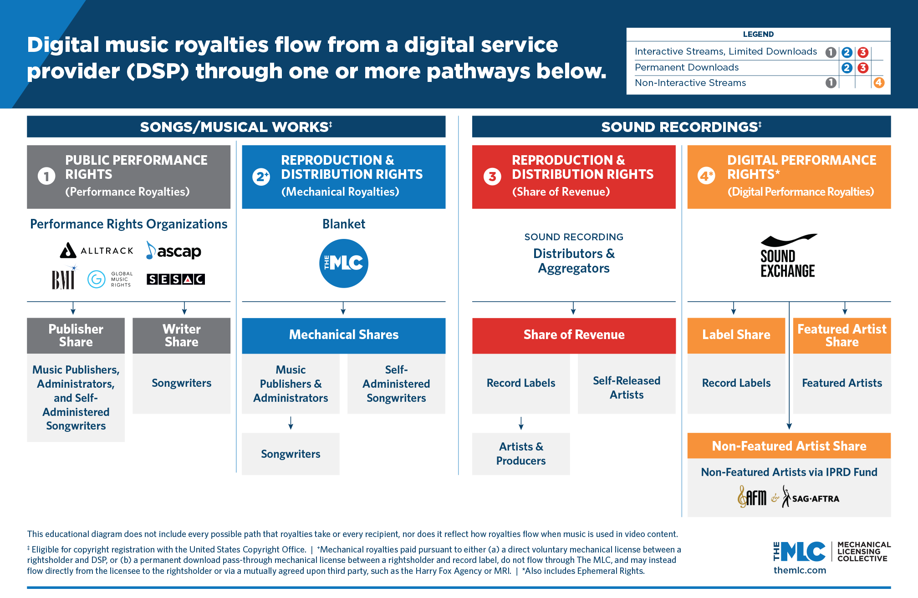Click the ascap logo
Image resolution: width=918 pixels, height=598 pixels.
pyautogui.click(x=174, y=251)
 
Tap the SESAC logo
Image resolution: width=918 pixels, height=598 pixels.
pyautogui.click(x=176, y=279)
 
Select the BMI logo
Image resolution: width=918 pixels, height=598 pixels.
pyautogui.click(x=63, y=279)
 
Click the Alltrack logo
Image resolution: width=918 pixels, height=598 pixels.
pyautogui.click(x=97, y=250)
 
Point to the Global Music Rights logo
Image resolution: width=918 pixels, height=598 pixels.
pyautogui.click(x=110, y=279)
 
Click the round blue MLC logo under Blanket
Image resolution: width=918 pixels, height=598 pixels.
pyautogui.click(x=344, y=263)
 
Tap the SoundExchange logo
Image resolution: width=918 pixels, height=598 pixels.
pyautogui.click(x=788, y=256)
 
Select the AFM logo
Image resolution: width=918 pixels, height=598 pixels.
pyautogui.click(x=752, y=497)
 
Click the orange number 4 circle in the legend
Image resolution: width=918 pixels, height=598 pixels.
pyautogui.click(x=878, y=83)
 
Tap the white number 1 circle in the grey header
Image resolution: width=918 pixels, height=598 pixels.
pyautogui.click(x=46, y=176)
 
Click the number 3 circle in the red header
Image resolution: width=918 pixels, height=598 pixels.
pyautogui.click(x=492, y=177)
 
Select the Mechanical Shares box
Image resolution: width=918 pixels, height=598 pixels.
pyautogui.click(x=344, y=335)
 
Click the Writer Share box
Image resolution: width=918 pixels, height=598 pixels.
pyautogui.click(x=181, y=335)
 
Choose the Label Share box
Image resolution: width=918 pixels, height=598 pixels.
pyautogui.click(x=736, y=335)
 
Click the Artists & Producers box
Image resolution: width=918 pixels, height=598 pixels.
pyautogui.click(x=521, y=454)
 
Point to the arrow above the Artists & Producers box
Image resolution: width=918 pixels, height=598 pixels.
pyautogui.click(x=521, y=423)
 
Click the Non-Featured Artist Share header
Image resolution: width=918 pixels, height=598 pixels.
pyautogui.click(x=789, y=446)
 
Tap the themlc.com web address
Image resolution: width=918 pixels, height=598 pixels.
pyautogui.click(x=800, y=570)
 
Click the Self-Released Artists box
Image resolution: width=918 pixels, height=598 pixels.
pyautogui.click(x=627, y=387)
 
